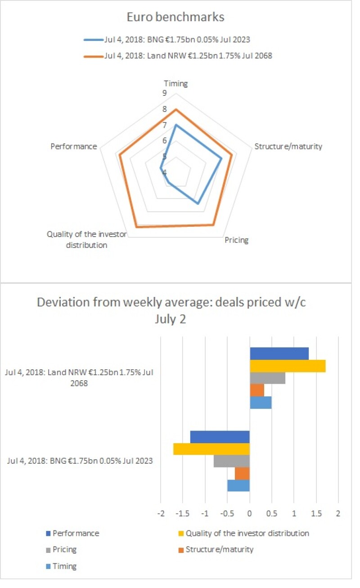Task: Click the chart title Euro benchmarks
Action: (176, 18)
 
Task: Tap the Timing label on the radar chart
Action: (175, 83)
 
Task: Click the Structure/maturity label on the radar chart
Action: (288, 147)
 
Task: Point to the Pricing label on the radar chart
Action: (236, 240)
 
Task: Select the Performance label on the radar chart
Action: (73, 147)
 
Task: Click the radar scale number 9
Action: (165, 94)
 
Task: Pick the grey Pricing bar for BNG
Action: (232, 461)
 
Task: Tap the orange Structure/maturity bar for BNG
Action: (242, 473)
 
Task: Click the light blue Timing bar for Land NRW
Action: (261, 403)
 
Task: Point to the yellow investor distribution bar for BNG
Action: (211, 449)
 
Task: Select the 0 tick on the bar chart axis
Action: (250, 513)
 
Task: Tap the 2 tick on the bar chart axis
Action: (338, 513)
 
